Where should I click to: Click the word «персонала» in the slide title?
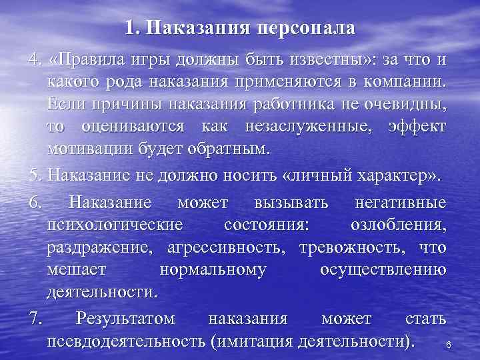click(x=307, y=29)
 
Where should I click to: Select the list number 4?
click(x=34, y=62)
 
